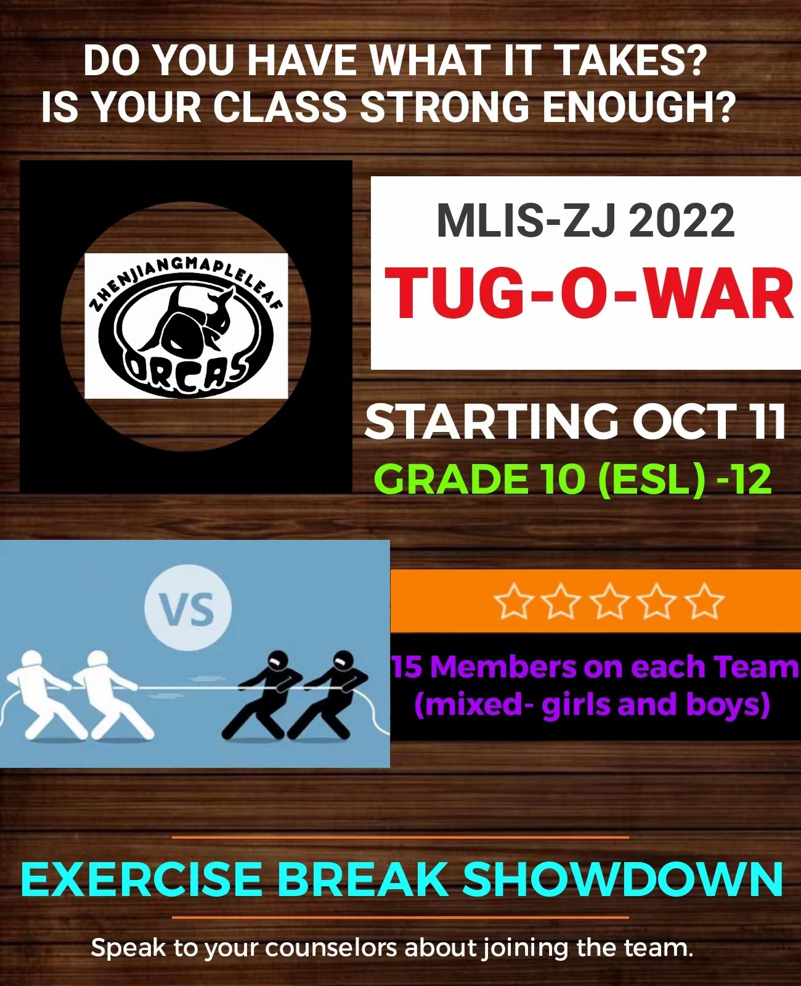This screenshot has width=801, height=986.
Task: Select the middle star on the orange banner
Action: (x=609, y=601)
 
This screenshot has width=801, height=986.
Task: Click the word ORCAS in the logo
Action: (x=185, y=373)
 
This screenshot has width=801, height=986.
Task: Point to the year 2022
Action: (x=681, y=221)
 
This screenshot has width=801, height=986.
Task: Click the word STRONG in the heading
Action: (x=445, y=106)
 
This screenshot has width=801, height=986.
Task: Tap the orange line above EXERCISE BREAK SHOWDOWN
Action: (x=400, y=837)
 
